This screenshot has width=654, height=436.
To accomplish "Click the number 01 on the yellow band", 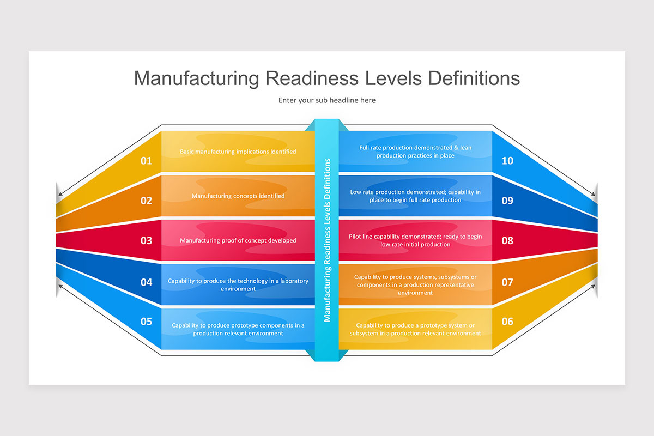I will (x=146, y=161).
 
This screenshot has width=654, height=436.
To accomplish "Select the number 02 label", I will (x=146, y=201).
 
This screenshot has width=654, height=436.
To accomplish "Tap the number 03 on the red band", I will (x=146, y=240).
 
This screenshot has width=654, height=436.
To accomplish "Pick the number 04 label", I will (x=146, y=282).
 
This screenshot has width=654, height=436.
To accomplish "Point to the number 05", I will (x=146, y=322).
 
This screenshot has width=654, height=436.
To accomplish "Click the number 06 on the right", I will (x=507, y=322).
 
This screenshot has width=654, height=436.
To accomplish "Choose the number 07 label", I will (x=507, y=282).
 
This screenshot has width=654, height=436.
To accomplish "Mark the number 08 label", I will (x=507, y=240).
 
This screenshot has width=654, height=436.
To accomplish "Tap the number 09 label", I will (x=507, y=201).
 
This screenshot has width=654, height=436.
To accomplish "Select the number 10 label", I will (x=507, y=161).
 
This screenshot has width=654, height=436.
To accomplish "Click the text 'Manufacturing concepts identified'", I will (x=238, y=196).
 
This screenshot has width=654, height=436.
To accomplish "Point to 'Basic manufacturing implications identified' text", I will (x=238, y=152).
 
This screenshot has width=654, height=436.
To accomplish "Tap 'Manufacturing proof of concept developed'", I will (x=238, y=240).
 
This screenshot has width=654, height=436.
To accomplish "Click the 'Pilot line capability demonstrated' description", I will (x=415, y=240).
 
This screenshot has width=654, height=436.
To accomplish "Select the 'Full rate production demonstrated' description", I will (x=415, y=152).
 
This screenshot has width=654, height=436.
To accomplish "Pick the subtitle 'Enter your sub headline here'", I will (x=327, y=100).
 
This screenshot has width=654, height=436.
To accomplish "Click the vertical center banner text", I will (x=327, y=240).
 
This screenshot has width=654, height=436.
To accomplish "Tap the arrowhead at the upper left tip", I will (x=60, y=193).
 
